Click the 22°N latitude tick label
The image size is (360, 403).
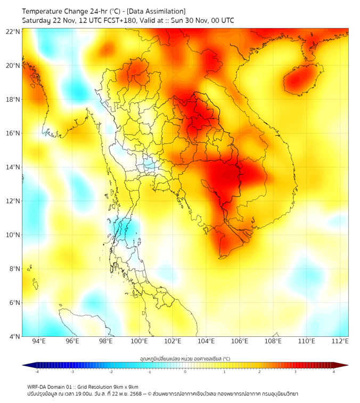(13, 31)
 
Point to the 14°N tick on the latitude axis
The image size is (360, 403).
(13, 167)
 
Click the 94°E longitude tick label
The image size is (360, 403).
(39, 341)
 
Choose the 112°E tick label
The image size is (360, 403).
(340, 341)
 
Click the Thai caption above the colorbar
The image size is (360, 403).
(185, 359)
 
